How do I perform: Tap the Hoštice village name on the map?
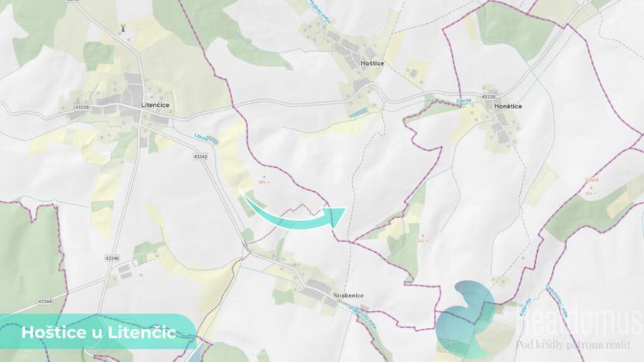click(x=372, y=62)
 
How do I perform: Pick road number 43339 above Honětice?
click(x=488, y=96)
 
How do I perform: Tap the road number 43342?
click(x=200, y=156)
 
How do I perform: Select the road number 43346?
click(x=111, y=258)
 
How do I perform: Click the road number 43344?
click(x=43, y=300)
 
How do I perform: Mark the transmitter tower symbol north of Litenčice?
click(x=122, y=29)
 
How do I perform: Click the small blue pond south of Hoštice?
click(x=358, y=113)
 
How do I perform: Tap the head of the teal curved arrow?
click(x=336, y=215)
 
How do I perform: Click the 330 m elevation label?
click(x=423, y=240)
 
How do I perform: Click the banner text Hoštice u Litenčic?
click(x=98, y=332)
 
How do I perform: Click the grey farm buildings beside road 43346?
click(x=124, y=272)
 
